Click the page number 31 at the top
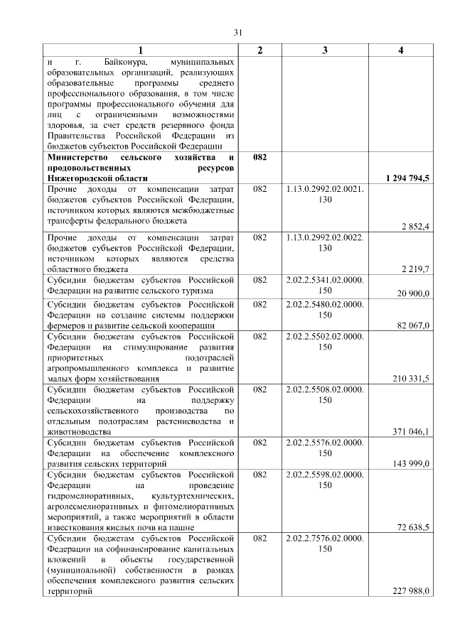[x=238, y=31]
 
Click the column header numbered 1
[x=140, y=50]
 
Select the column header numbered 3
[x=325, y=50]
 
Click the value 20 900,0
[x=413, y=293]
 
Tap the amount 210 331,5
[x=411, y=379]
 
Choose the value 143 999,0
[x=412, y=464]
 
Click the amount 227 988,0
[x=411, y=591]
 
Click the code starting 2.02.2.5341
[x=325, y=286]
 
